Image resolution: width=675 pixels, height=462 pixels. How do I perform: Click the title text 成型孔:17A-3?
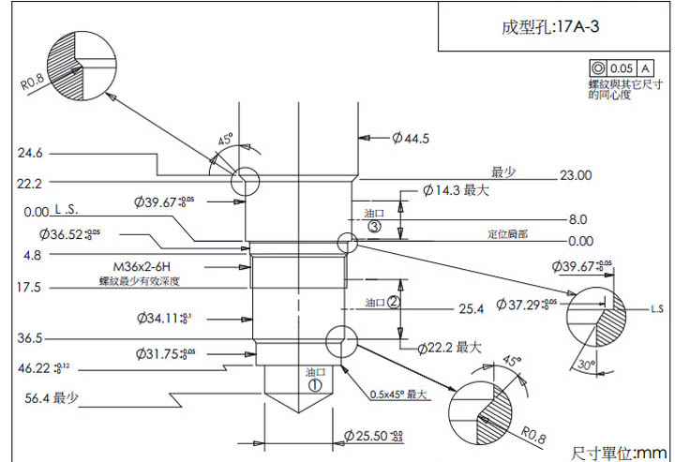click(550, 27)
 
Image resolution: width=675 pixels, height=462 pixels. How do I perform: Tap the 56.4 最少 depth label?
click(52, 398)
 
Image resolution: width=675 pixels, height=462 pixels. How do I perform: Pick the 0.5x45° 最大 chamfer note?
click(398, 394)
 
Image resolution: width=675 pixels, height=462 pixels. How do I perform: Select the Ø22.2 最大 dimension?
click(449, 348)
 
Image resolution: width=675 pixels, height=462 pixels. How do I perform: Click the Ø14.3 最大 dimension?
click(457, 190)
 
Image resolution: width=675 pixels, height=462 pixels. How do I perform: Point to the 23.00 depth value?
click(575, 175)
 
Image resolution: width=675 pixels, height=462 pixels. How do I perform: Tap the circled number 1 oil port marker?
click(315, 383)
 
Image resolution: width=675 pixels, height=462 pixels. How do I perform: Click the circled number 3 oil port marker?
click(374, 227)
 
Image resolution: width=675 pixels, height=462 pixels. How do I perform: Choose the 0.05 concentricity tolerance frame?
click(621, 68)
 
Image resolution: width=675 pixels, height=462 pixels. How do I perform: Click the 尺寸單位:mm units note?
click(618, 453)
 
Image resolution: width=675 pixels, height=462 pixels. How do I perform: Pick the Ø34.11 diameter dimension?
click(163, 318)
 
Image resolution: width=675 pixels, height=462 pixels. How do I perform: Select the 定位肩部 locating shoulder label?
click(508, 233)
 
